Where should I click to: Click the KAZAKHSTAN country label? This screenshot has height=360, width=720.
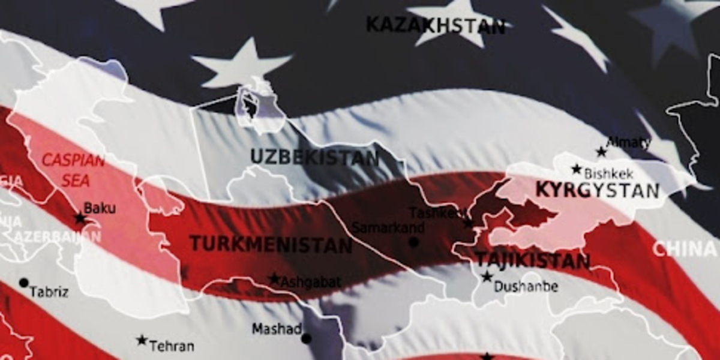pos(436,25)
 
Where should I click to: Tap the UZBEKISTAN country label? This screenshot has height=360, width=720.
pos(314,157)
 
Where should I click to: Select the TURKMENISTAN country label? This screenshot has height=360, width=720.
pos(271,244)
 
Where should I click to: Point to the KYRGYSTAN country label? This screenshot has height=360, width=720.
pos(597,190)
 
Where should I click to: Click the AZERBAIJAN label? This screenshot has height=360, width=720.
pos(57,236)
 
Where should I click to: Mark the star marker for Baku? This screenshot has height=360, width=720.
pos(80,218)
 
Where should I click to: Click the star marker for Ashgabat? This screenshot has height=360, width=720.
pos(274,279)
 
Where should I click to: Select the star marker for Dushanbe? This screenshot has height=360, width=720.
pos(487,277)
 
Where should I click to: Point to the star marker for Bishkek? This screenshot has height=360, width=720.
pos(577,169)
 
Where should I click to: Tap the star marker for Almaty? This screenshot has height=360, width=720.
pos(601,152)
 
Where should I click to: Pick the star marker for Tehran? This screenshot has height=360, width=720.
pos(142,340)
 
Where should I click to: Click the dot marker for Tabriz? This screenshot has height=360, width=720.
pos(23,282)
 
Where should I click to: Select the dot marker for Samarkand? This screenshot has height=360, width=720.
pos(413,242)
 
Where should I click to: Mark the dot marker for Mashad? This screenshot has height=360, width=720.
pos(307,338)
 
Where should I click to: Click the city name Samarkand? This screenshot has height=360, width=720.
pos(388,228)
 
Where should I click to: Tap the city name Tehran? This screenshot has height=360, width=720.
pos(172,346)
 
